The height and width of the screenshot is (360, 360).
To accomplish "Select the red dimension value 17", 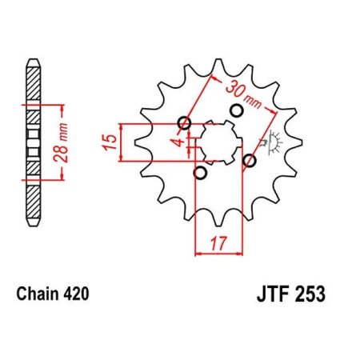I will pos(218,241).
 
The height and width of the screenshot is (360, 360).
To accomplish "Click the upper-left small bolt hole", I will pos(185,123).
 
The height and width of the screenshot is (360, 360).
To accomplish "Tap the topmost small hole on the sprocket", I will pos(235,110).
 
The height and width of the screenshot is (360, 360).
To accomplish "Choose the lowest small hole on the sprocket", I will pos(200,173).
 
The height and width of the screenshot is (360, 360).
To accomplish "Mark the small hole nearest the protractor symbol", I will pos(250,161).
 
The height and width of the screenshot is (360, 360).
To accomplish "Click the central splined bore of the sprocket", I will pos(217,143).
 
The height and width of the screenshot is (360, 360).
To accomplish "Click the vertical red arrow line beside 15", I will pos(122,143).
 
